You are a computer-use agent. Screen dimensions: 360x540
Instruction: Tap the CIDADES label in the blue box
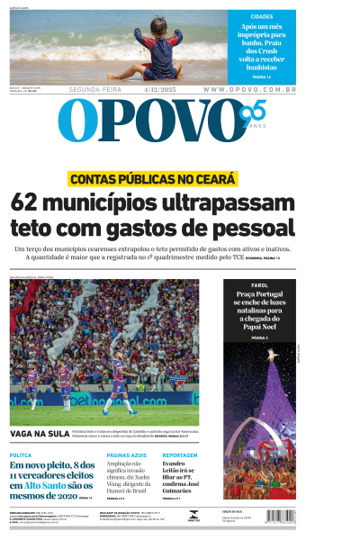click(263, 16)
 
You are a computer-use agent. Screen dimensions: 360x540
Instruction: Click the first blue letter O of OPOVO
click(76, 121)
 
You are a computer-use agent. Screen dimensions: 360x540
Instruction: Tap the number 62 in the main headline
click(31, 203)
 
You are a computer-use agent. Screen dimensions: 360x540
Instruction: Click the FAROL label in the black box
click(259, 285)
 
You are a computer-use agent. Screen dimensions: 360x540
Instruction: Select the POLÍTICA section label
click(21, 456)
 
